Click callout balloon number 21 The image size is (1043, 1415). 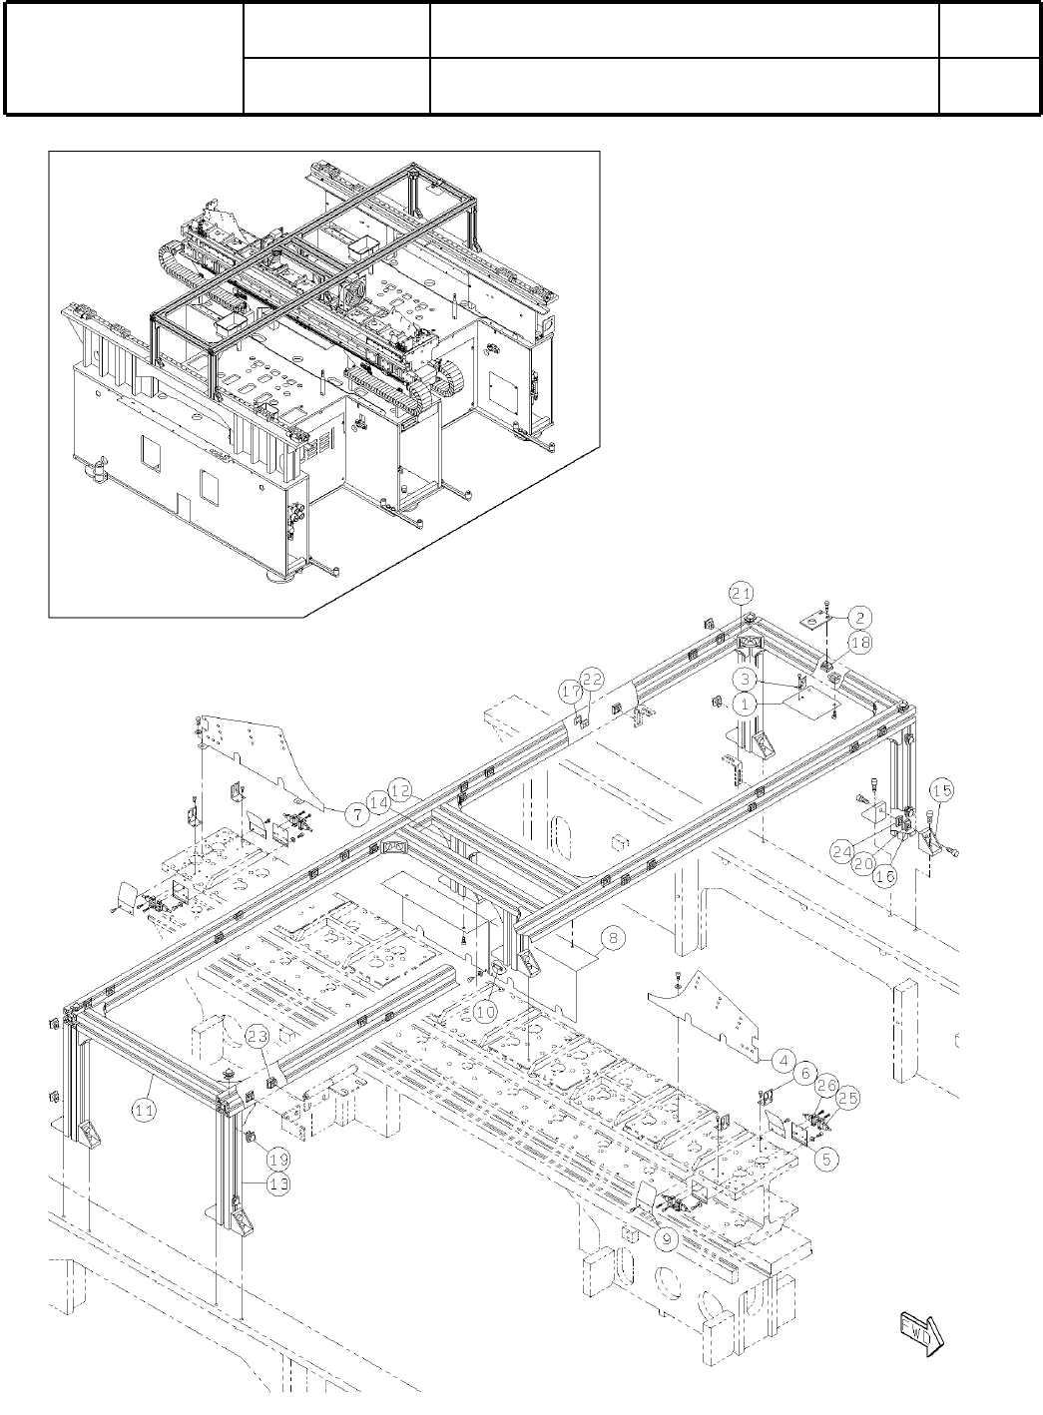click(740, 593)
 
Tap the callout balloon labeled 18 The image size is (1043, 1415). click(860, 644)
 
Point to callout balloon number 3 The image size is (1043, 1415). click(745, 679)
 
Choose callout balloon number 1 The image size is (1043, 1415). click(745, 704)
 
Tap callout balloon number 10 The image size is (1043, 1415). click(485, 1011)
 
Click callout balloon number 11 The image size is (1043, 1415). click(145, 1108)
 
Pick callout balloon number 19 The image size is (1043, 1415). click(278, 1160)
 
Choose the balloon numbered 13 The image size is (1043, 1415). click(278, 1183)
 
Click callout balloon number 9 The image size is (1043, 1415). click(668, 1238)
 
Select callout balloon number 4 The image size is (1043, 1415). click(783, 1059)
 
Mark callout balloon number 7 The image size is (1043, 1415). click(356, 814)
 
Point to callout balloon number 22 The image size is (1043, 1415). click(592, 680)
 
